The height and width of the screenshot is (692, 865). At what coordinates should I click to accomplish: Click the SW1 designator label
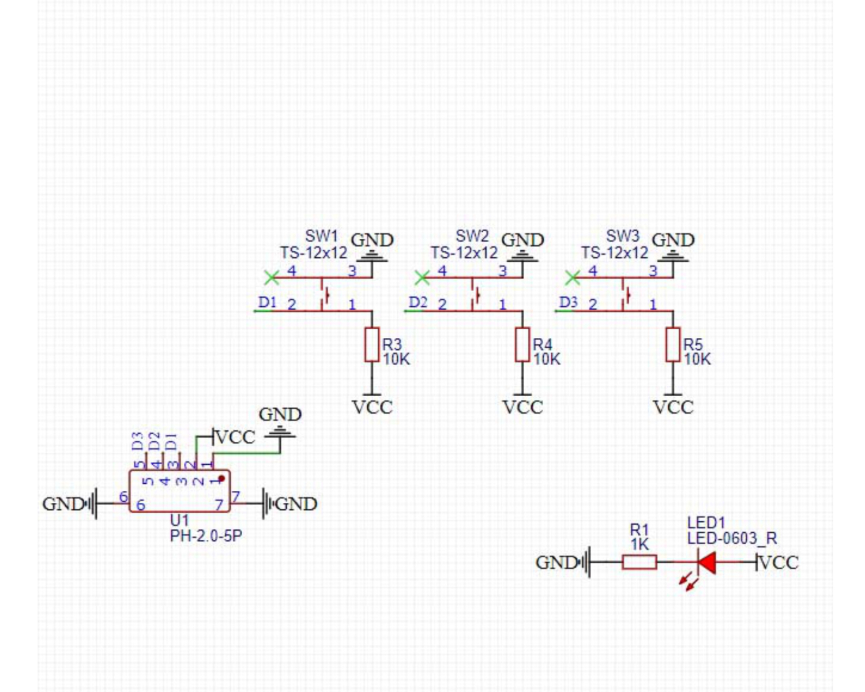click(321, 236)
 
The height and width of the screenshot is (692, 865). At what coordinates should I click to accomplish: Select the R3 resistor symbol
click(372, 344)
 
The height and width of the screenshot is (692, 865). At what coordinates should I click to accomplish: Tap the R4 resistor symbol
click(522, 344)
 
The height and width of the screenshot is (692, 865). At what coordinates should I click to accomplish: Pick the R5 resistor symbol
click(673, 344)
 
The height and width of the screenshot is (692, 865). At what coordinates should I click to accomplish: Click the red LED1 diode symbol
click(706, 562)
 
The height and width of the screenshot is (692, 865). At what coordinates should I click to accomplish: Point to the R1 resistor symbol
click(639, 562)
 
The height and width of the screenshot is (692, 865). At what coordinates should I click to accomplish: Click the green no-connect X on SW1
click(272, 278)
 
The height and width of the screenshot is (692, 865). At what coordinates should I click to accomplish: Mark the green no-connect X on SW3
click(573, 278)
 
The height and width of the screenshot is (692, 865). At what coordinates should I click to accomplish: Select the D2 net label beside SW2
click(418, 302)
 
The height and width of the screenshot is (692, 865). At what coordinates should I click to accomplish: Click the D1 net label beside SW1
click(268, 302)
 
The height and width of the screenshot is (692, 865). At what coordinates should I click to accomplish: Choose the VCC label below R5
click(673, 407)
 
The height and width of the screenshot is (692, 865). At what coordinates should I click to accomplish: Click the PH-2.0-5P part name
click(206, 536)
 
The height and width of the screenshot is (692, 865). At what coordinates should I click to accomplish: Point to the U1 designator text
click(179, 520)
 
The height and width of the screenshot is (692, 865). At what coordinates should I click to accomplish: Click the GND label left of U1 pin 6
click(63, 504)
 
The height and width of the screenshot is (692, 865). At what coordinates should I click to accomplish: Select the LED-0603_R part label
click(732, 539)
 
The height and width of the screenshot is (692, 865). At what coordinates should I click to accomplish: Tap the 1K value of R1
click(640, 544)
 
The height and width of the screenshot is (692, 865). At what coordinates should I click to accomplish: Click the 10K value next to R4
click(547, 359)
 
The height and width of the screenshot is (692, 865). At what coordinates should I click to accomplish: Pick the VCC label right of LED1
click(779, 562)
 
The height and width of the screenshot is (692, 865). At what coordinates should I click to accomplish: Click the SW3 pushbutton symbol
click(626, 295)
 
